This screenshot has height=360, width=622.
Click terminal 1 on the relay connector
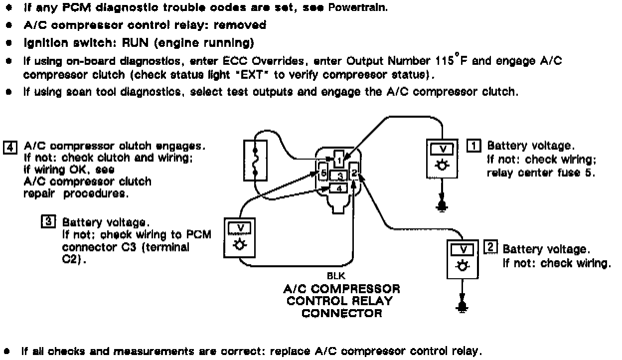click(338, 161)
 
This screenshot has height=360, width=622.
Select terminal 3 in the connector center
click(339, 176)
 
